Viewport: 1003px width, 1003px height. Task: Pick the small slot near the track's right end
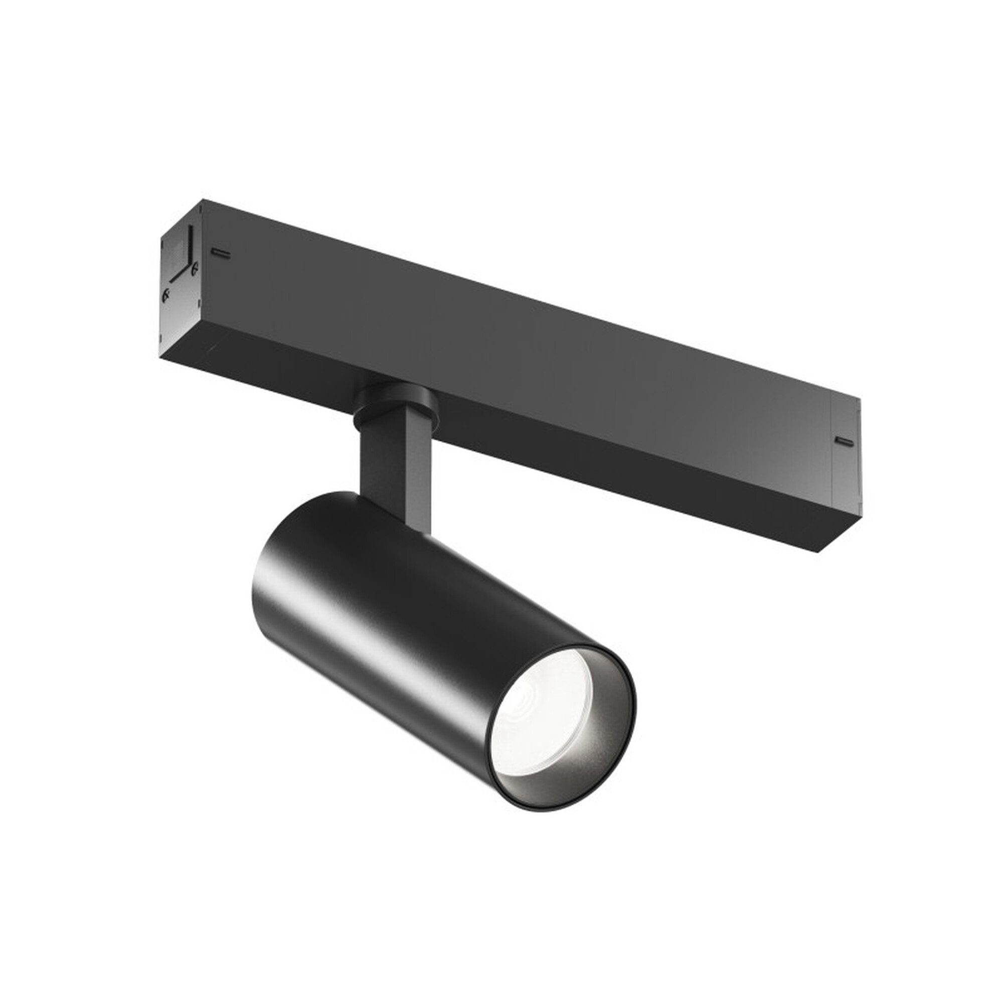point(844,442)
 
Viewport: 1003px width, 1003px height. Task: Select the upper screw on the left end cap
point(194,268)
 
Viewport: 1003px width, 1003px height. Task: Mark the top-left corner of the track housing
point(203,200)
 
